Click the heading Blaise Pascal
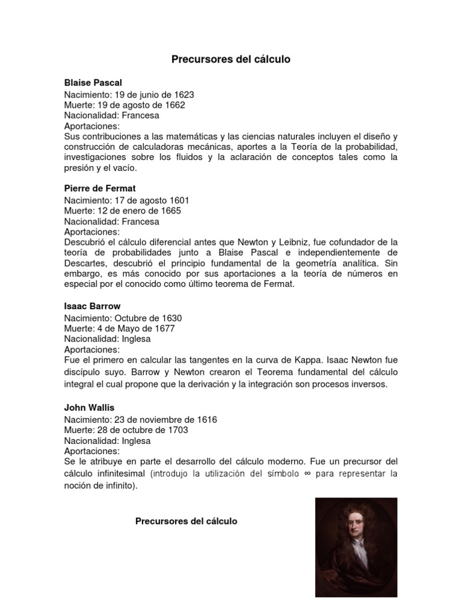coord(93,82)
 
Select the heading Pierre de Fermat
coord(100,188)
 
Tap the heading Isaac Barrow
coord(93,306)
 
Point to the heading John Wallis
coord(89,407)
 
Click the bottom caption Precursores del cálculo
coord(186,521)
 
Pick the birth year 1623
coord(184,94)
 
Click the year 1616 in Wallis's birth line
coord(206,419)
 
